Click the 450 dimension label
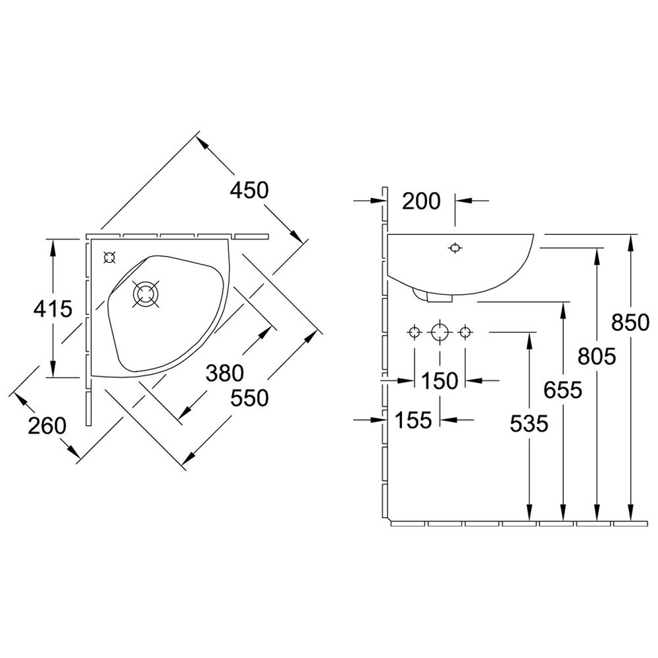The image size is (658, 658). pyautogui.click(x=249, y=190)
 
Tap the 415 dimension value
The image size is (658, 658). pyautogui.click(x=53, y=309)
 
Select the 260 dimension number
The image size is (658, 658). pyautogui.click(x=47, y=426)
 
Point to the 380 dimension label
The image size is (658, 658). pyautogui.click(x=225, y=372)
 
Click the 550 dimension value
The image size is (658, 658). pyautogui.click(x=249, y=398)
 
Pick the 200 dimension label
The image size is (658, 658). pyautogui.click(x=421, y=201)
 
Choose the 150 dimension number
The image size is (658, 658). pyautogui.click(x=440, y=381)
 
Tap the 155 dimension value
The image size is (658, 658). pyautogui.click(x=413, y=420)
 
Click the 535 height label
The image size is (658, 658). pyautogui.click(x=529, y=423)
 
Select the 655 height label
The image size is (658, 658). pyautogui.click(x=563, y=390)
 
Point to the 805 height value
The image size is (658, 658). pyautogui.click(x=597, y=357)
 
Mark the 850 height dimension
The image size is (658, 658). pyautogui.click(x=630, y=322)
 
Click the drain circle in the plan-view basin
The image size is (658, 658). pyautogui.click(x=145, y=293)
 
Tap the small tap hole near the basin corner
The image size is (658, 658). pyautogui.click(x=109, y=257)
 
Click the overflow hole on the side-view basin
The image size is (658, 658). pyautogui.click(x=455, y=249)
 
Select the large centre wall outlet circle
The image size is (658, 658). pyautogui.click(x=440, y=333)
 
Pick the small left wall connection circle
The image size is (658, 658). pyautogui.click(x=415, y=333)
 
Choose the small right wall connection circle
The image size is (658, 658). pyautogui.click(x=465, y=333)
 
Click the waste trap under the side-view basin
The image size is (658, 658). pyautogui.click(x=432, y=295)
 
